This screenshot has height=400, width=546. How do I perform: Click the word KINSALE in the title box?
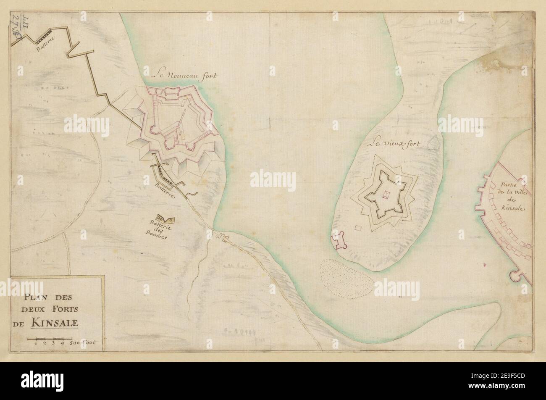tap(57, 324)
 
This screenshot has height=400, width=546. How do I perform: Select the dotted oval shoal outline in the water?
tap(346, 279)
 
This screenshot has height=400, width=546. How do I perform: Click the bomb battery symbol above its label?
tap(165, 218)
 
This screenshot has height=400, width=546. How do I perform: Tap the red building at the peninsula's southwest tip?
tap(339, 240)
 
